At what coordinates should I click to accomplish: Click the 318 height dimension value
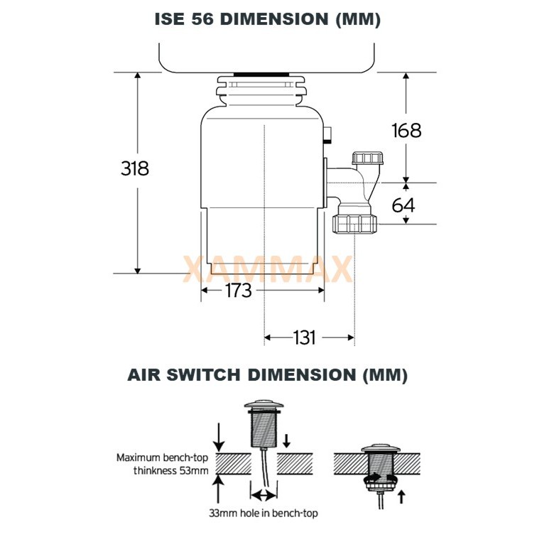point(135,168)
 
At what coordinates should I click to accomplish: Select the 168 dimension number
point(406,131)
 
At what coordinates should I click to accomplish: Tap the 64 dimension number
point(403,205)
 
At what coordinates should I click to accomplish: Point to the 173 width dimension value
point(239,291)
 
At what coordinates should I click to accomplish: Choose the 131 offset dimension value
point(305,337)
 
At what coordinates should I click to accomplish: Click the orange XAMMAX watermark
point(268,269)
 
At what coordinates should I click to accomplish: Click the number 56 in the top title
point(202,19)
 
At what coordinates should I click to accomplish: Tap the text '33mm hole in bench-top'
point(264,513)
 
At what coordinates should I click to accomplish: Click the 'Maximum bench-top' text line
point(162,457)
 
